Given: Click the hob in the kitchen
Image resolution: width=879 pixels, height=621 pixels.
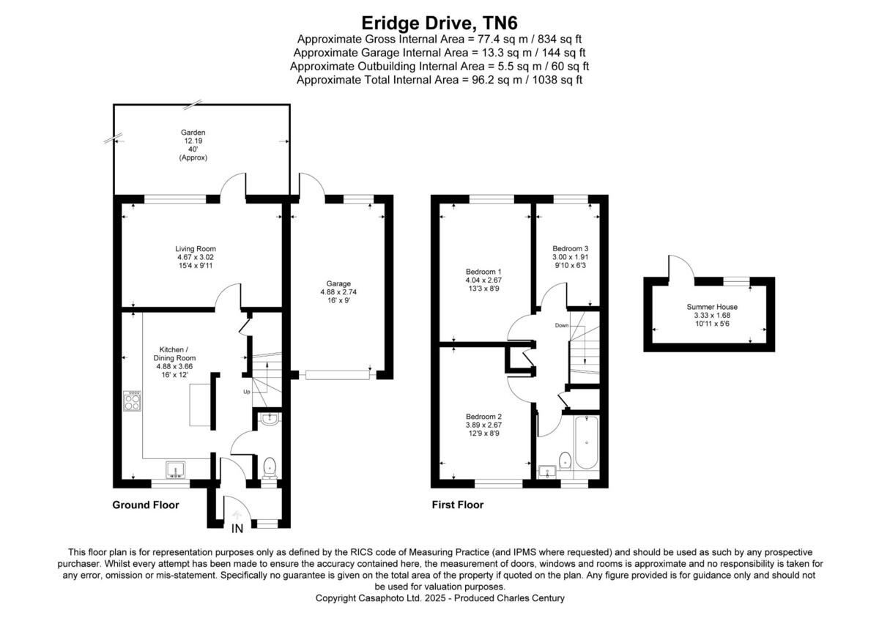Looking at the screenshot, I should (133, 399).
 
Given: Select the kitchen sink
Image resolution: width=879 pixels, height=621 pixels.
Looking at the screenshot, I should (176, 469).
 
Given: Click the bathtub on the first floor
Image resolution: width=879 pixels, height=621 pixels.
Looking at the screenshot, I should (587, 442).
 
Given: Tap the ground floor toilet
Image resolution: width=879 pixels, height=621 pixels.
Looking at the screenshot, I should (270, 466).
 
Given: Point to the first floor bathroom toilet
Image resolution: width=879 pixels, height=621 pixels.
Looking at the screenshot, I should (565, 460).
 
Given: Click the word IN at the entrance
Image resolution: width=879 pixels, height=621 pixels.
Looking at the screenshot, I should (237, 529).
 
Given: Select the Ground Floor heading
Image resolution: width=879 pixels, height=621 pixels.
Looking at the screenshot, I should (145, 505).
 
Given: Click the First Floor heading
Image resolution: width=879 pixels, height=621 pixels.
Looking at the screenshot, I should (459, 505).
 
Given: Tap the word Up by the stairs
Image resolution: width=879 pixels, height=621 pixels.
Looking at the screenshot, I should (246, 392).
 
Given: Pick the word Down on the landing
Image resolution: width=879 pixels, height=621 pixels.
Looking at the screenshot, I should (562, 325).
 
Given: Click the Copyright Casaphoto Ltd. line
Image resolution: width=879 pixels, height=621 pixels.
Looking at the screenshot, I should (439, 598).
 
